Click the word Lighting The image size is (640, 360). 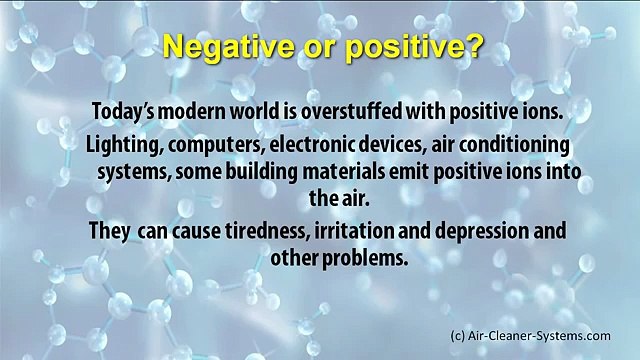120,141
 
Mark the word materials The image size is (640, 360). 340,170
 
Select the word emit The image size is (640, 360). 404,170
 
